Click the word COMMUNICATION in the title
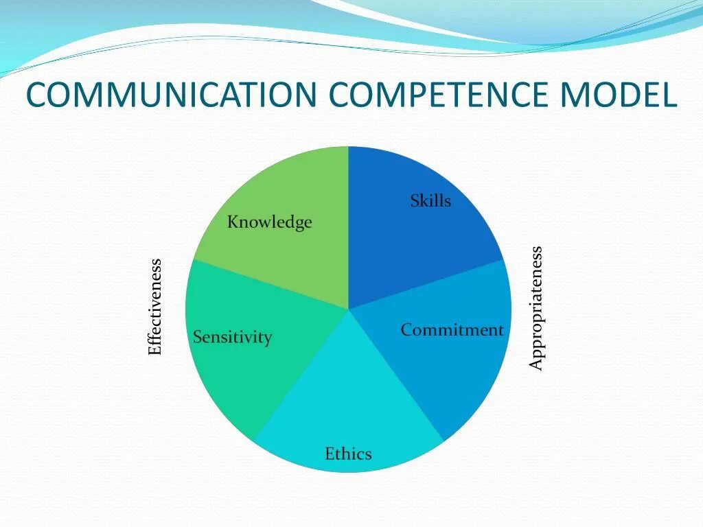click(172, 95)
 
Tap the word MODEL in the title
click(617, 95)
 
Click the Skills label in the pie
click(430, 201)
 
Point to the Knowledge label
click(269, 222)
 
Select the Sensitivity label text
click(232, 338)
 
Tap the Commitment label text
click(452, 330)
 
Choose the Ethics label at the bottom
click(348, 454)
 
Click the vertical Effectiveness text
click(155, 307)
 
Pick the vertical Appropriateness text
click(536, 308)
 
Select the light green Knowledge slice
click(288, 254)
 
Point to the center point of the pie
click(349, 309)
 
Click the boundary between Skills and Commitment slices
click(426, 285)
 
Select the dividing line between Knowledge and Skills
click(349, 226)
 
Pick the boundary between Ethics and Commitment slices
click(396, 375)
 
